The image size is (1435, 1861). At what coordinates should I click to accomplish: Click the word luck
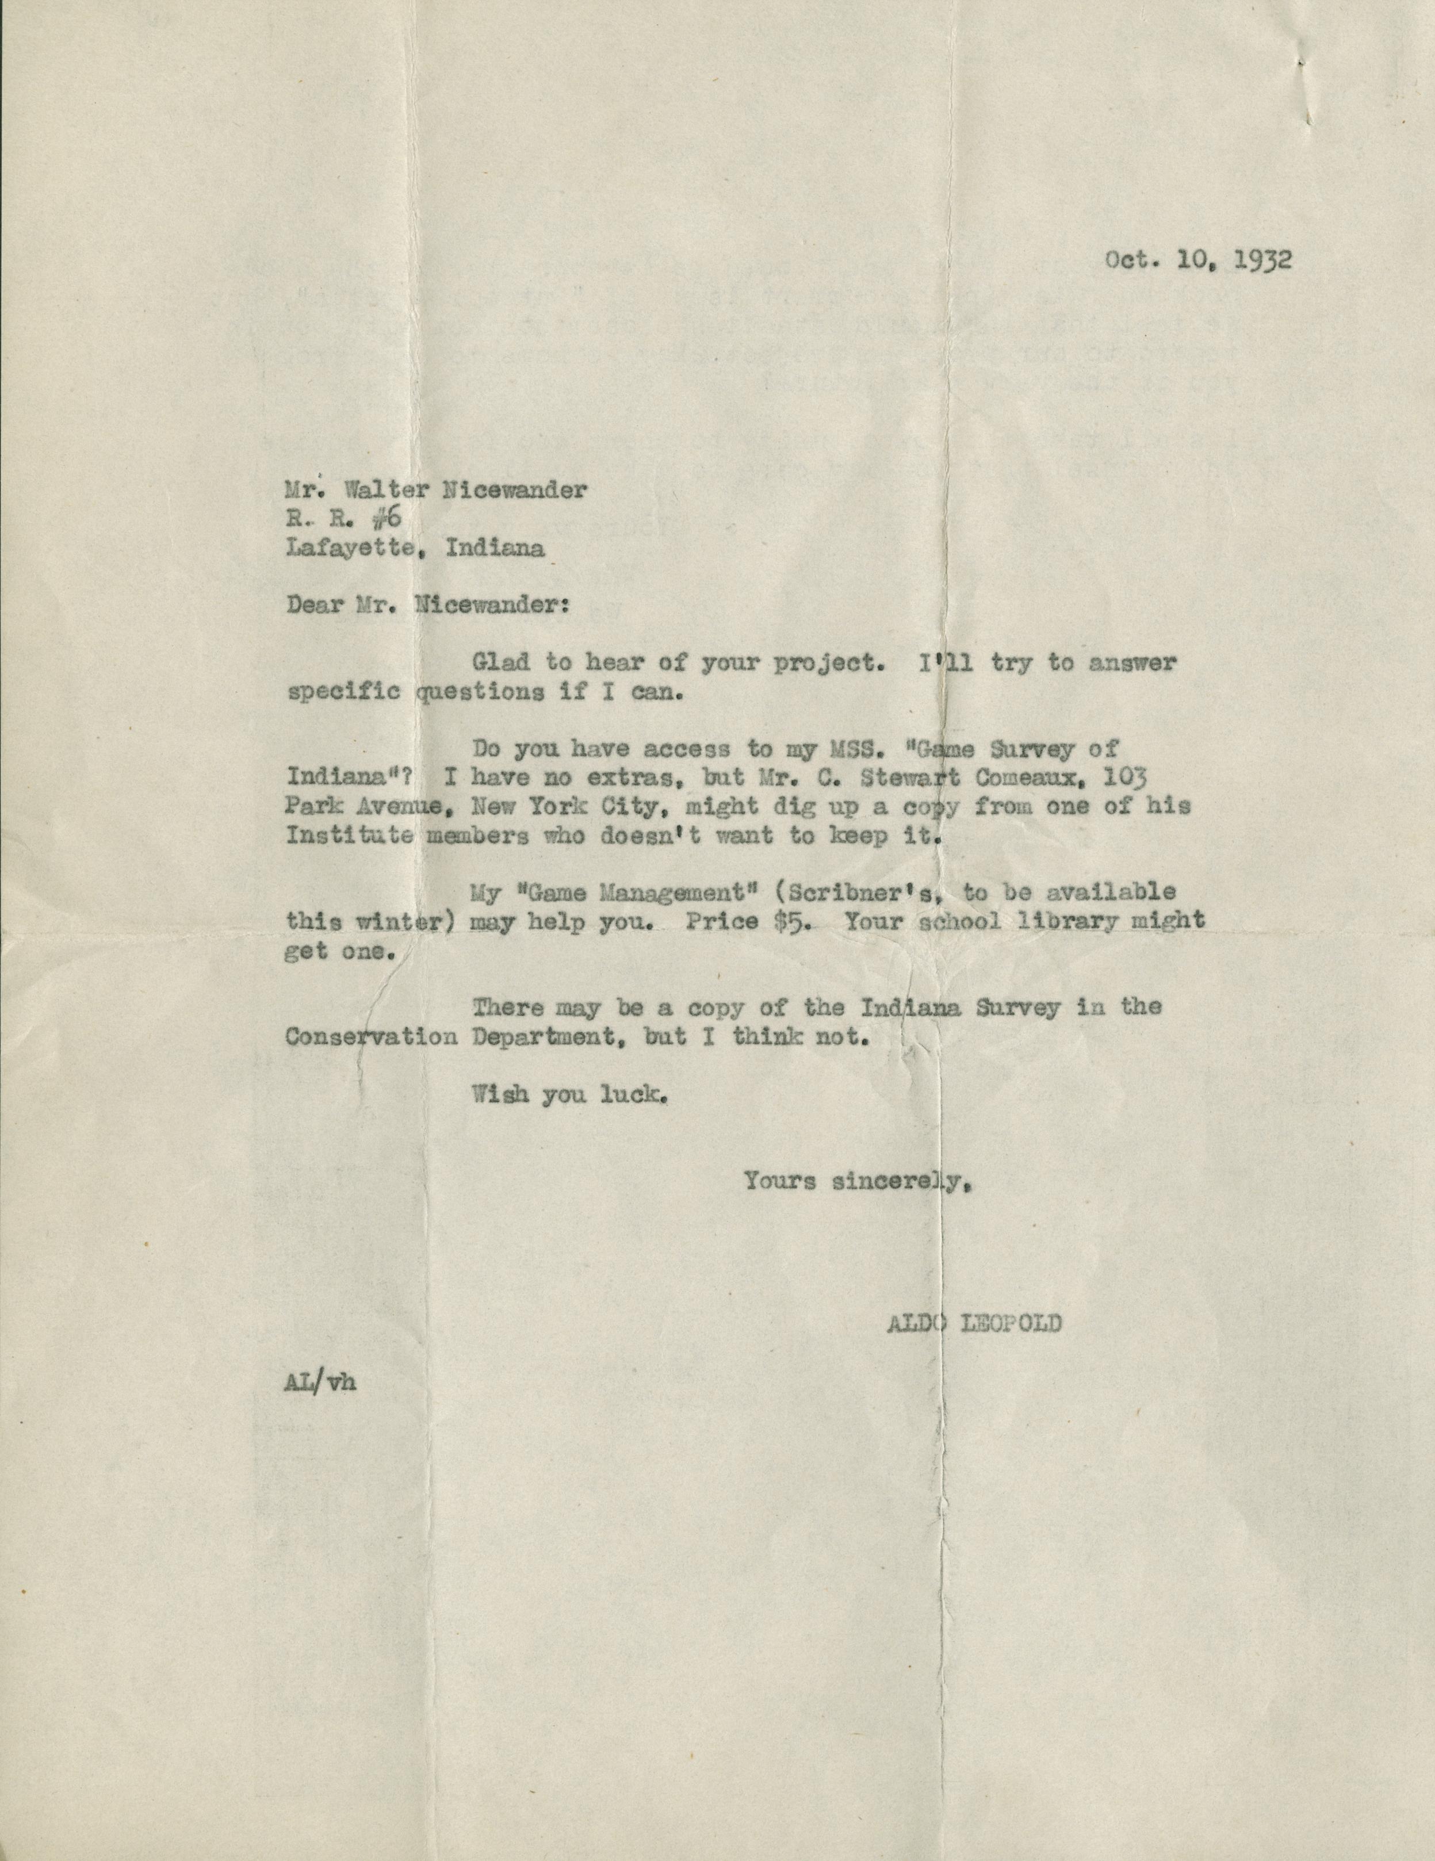pos(632,1095)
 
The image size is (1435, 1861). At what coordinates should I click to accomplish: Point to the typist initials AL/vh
pos(320,1383)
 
